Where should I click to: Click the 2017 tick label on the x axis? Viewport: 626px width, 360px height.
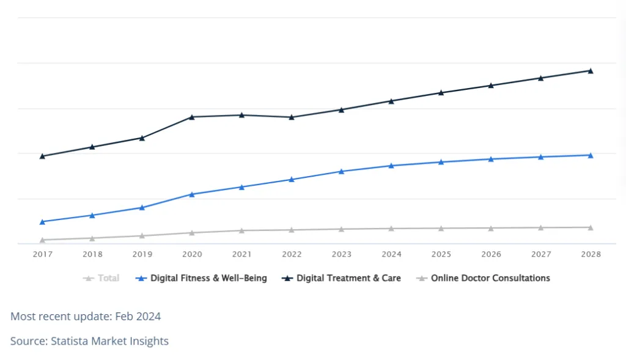coord(42,254)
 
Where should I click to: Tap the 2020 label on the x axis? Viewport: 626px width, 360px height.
coord(192,254)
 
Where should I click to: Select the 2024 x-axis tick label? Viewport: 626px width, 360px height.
coord(391,254)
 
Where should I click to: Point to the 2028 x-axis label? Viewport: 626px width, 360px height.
coord(591,254)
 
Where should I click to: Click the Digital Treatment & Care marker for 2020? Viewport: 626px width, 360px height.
coord(192,117)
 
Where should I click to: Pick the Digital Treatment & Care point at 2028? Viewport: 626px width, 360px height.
coord(591,70)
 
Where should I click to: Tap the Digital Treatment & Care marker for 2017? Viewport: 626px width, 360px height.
coord(42,156)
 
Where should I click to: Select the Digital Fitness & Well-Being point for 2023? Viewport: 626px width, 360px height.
coord(342,171)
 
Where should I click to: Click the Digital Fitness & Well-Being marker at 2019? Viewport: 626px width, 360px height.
coord(142,207)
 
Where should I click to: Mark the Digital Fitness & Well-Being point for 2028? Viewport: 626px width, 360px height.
coord(591,155)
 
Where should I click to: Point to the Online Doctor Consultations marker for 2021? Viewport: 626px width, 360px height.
coord(241,230)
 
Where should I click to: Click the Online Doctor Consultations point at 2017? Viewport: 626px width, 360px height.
coord(42,240)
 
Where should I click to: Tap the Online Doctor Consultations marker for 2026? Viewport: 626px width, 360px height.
coord(491,228)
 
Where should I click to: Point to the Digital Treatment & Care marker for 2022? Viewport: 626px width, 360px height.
coord(292,117)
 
